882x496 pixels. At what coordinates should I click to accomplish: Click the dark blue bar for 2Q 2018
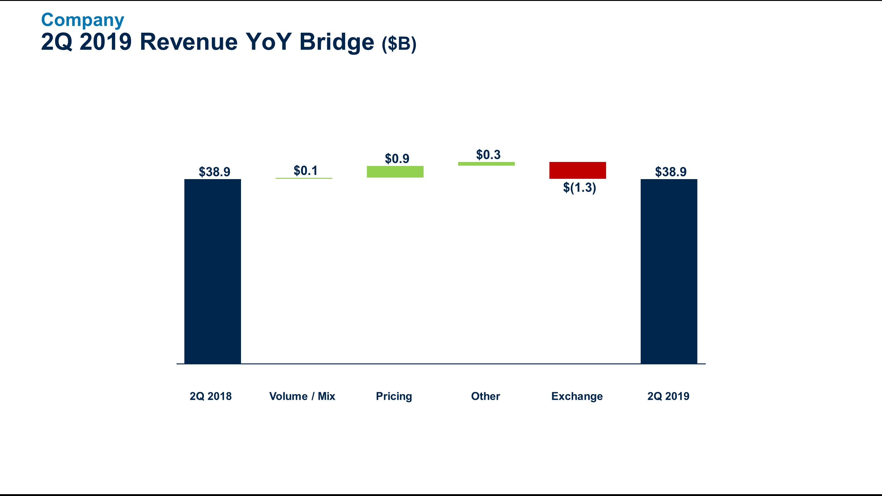(213, 271)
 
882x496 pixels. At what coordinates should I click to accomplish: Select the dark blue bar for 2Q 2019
(669, 271)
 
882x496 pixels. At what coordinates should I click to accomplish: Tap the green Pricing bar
(395, 172)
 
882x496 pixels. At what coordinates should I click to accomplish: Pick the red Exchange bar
(578, 170)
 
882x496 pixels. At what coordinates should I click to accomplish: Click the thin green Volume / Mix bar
(304, 178)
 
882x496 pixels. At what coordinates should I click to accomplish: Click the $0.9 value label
(397, 159)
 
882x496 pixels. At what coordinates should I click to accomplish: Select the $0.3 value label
(488, 155)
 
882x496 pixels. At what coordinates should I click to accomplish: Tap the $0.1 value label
(306, 171)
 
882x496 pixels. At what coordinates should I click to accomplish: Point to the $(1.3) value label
(580, 188)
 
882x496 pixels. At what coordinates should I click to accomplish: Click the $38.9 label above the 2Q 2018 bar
(215, 172)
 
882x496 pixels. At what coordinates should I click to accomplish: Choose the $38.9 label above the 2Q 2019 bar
(671, 172)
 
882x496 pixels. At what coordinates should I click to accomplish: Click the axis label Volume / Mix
(302, 396)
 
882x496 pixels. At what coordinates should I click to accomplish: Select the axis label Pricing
(394, 396)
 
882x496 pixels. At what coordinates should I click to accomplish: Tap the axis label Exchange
(577, 396)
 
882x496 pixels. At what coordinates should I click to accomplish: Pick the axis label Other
(485, 396)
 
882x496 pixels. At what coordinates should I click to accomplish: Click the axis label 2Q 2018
(211, 396)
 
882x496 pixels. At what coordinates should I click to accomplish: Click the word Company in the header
(82, 20)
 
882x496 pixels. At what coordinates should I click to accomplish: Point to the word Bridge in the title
(337, 42)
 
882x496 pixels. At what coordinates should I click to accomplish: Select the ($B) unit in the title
(399, 44)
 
